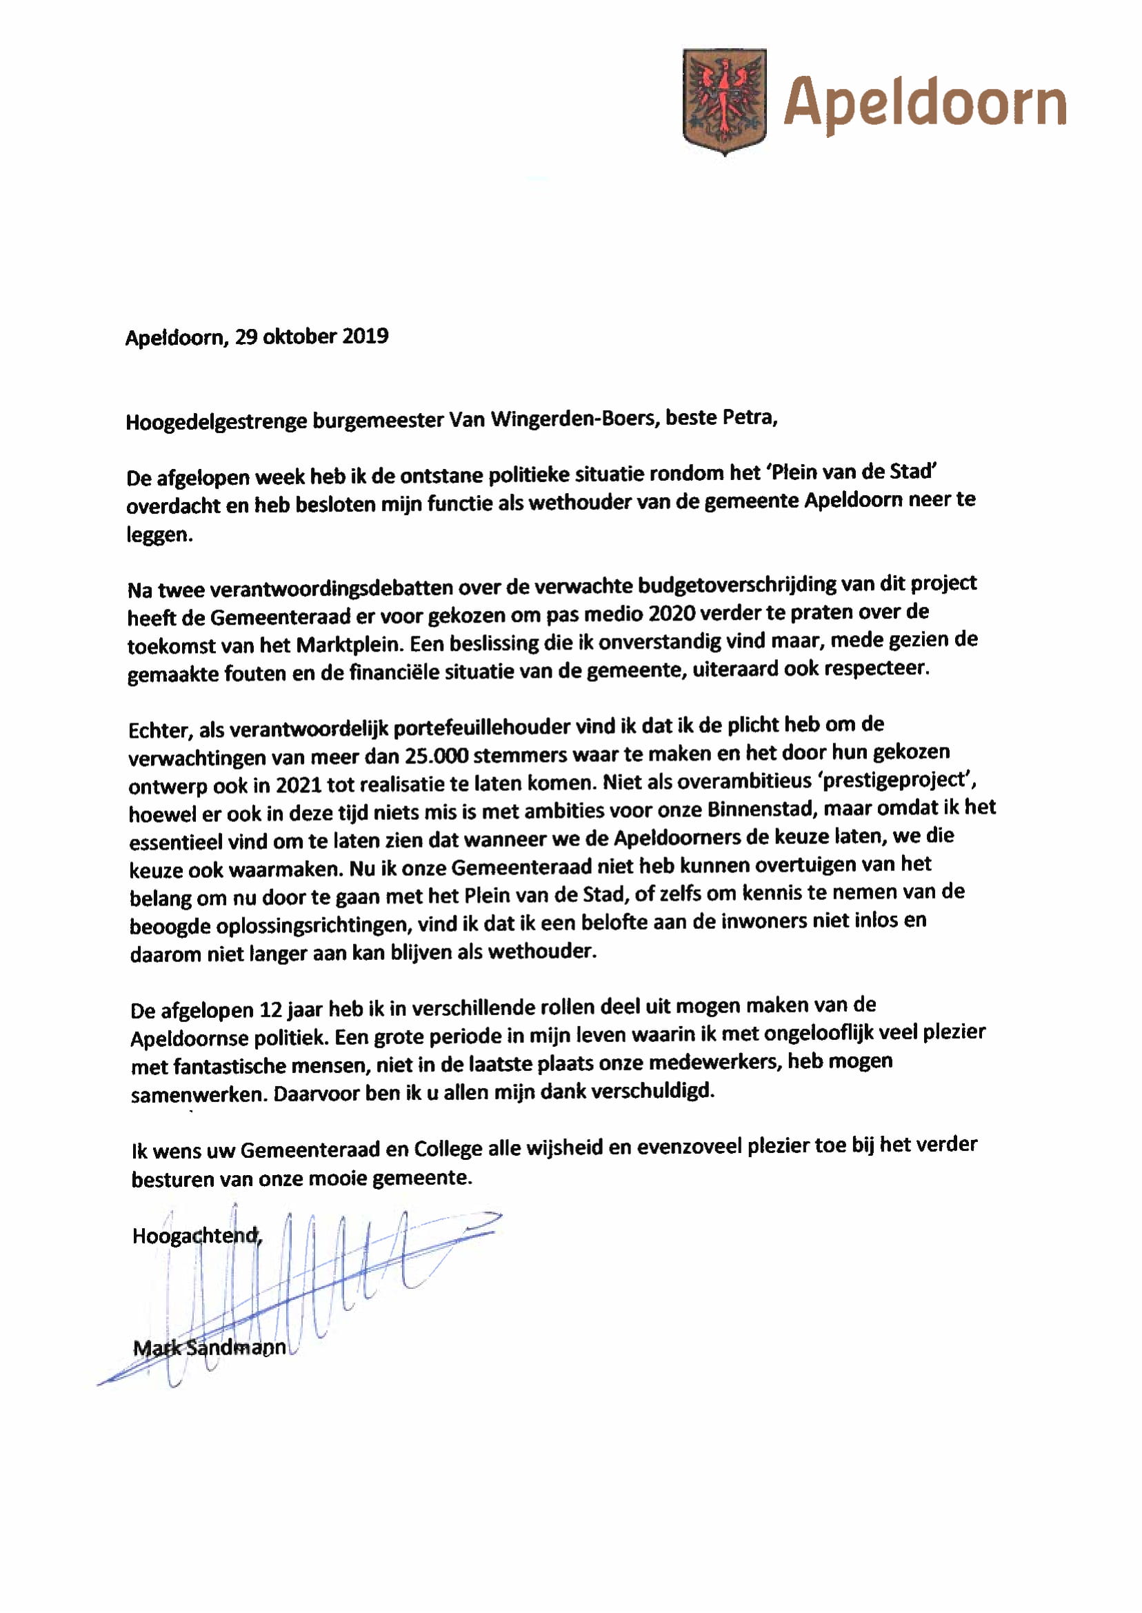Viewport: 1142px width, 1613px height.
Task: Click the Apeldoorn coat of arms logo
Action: pyautogui.click(x=724, y=101)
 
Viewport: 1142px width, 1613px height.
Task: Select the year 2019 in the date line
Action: pyautogui.click(x=365, y=336)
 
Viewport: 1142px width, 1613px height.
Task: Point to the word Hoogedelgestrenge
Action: pyautogui.click(x=215, y=422)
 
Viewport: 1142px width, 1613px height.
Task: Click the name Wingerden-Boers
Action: pyautogui.click(x=572, y=419)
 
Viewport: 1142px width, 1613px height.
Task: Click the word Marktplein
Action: pyautogui.click(x=350, y=644)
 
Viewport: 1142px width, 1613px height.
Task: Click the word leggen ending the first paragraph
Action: pyautogui.click(x=158, y=536)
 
